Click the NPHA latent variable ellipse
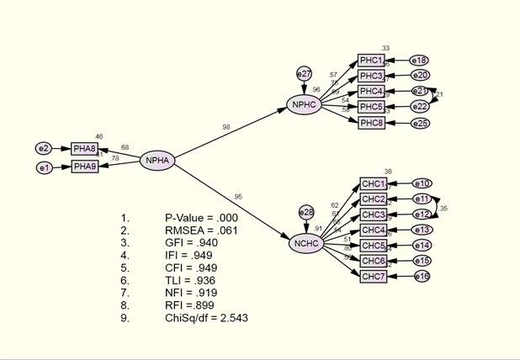pos(157,161)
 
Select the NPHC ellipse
pos(304,105)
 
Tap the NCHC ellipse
pos(305,244)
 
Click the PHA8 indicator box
pos(84,149)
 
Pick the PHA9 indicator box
pos(84,167)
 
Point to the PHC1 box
pos(371,61)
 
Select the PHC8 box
pos(371,124)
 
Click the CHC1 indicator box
pos(373,184)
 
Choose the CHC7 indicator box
pos(373,276)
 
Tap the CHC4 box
pos(373,230)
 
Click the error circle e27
pos(304,74)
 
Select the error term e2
pos(44,149)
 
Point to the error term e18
pos(420,61)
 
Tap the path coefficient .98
pos(226,127)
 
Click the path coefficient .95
pos(238,197)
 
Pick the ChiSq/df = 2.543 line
pos(206,318)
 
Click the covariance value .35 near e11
pos(444,208)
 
